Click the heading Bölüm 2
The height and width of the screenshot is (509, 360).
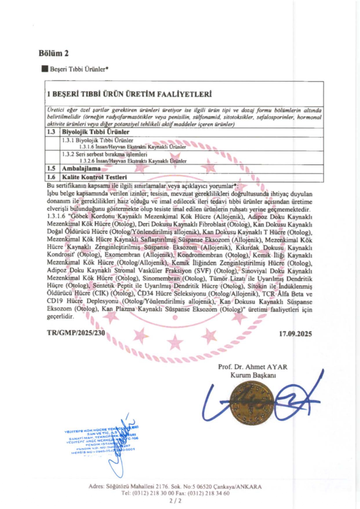tap(54, 53)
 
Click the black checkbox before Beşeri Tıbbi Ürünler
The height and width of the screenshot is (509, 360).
tap(45, 69)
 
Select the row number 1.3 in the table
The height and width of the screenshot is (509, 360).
tap(51, 132)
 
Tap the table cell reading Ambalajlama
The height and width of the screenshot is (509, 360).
tap(81, 169)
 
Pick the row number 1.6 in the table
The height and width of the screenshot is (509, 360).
tap(51, 177)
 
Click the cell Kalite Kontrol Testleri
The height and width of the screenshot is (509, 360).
tap(94, 177)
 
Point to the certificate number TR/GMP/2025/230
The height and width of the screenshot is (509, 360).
tap(76, 333)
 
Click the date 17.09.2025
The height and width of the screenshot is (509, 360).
tap(295, 334)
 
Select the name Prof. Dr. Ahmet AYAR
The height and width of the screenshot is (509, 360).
tap(253, 367)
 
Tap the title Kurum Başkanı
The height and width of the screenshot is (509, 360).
tap(253, 375)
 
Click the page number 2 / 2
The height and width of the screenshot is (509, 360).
tap(176, 500)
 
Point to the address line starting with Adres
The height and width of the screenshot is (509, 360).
tap(175, 486)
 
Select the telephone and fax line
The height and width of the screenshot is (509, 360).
tap(176, 493)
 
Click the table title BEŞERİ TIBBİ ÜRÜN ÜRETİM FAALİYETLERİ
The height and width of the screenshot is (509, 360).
tap(129, 94)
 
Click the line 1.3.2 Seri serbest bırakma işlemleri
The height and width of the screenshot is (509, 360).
tap(104, 154)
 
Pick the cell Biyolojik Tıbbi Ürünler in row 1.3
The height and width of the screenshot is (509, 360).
tap(96, 132)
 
